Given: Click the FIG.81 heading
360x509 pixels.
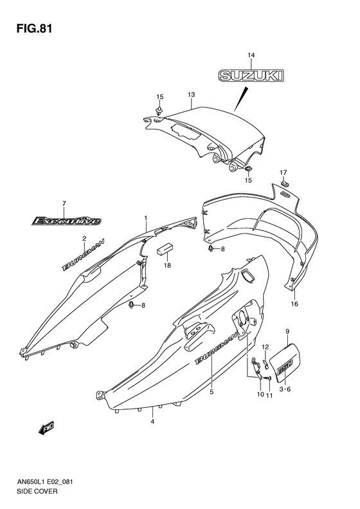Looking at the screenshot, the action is [33, 28].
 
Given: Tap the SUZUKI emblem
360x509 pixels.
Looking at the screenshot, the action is [251, 75].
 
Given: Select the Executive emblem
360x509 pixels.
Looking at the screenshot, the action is [66, 221].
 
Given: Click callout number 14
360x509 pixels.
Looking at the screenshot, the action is [251, 55].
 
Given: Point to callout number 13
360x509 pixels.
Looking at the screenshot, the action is [191, 95].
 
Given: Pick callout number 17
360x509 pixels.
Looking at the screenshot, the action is [283, 172].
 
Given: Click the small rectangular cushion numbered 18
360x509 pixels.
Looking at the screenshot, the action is [165, 248].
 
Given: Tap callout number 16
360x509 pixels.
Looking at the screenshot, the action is [294, 304].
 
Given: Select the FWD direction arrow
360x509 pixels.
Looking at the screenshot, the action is [46, 429].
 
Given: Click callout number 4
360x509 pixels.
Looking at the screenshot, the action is [152, 421].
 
